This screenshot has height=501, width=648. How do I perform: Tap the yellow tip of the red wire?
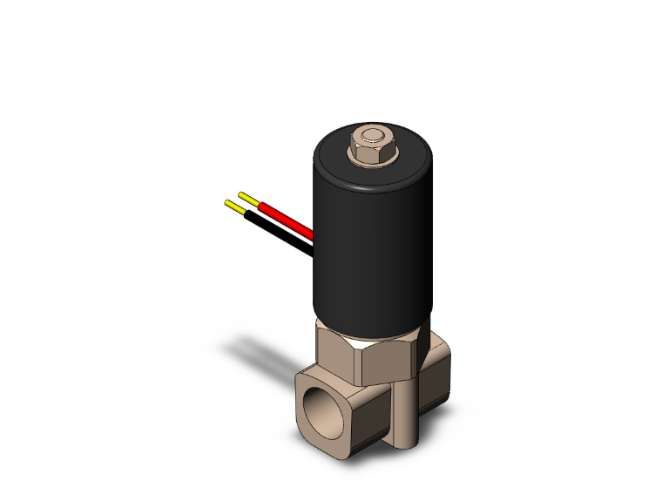247,196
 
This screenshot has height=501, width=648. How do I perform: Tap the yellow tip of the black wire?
234,206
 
